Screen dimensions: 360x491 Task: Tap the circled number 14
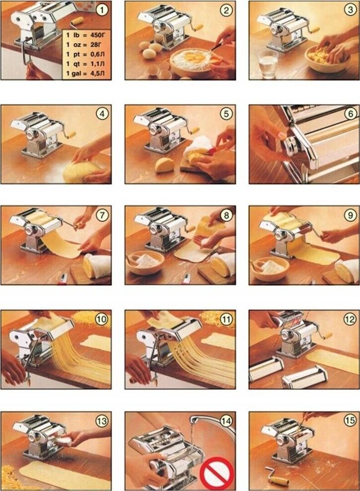pyautogui.click(x=226, y=421)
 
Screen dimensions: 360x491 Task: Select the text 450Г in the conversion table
pyautogui.click(x=95, y=35)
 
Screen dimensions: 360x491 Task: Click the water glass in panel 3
pyautogui.click(x=268, y=64)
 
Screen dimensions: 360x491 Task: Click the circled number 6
pyautogui.click(x=350, y=113)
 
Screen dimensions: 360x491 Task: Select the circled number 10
pyautogui.click(x=102, y=319)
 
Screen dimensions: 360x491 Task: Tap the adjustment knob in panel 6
pyautogui.click(x=291, y=146)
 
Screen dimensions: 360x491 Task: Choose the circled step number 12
pyautogui.click(x=350, y=319)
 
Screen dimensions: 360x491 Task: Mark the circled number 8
pyautogui.click(x=226, y=215)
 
